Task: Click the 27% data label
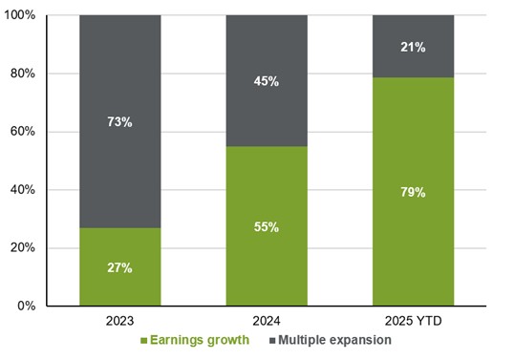120,268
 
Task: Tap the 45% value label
267,81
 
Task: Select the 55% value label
267,227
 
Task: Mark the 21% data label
413,46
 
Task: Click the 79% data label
413,192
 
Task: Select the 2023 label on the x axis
120,322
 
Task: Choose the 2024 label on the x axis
267,322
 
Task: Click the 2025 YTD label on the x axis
413,322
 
